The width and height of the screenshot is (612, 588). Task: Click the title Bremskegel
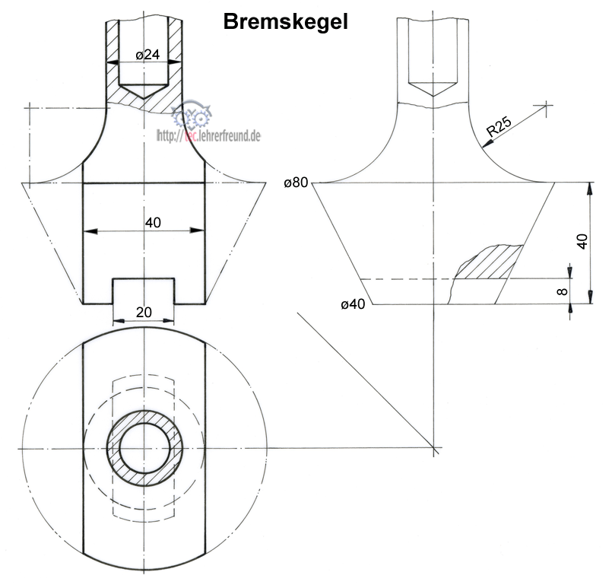[285, 22]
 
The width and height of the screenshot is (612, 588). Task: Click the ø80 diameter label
[296, 183]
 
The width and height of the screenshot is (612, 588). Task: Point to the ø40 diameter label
[354, 305]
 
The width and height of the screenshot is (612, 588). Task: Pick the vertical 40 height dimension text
[582, 242]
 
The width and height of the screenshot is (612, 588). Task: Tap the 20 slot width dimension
[144, 313]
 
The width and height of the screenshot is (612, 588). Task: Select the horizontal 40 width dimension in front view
[152, 222]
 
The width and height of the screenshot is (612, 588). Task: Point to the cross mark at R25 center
[544, 105]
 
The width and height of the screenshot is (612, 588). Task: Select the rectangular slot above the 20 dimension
[144, 291]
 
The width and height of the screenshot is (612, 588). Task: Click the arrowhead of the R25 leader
[483, 151]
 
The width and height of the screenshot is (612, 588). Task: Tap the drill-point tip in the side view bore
[433, 95]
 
